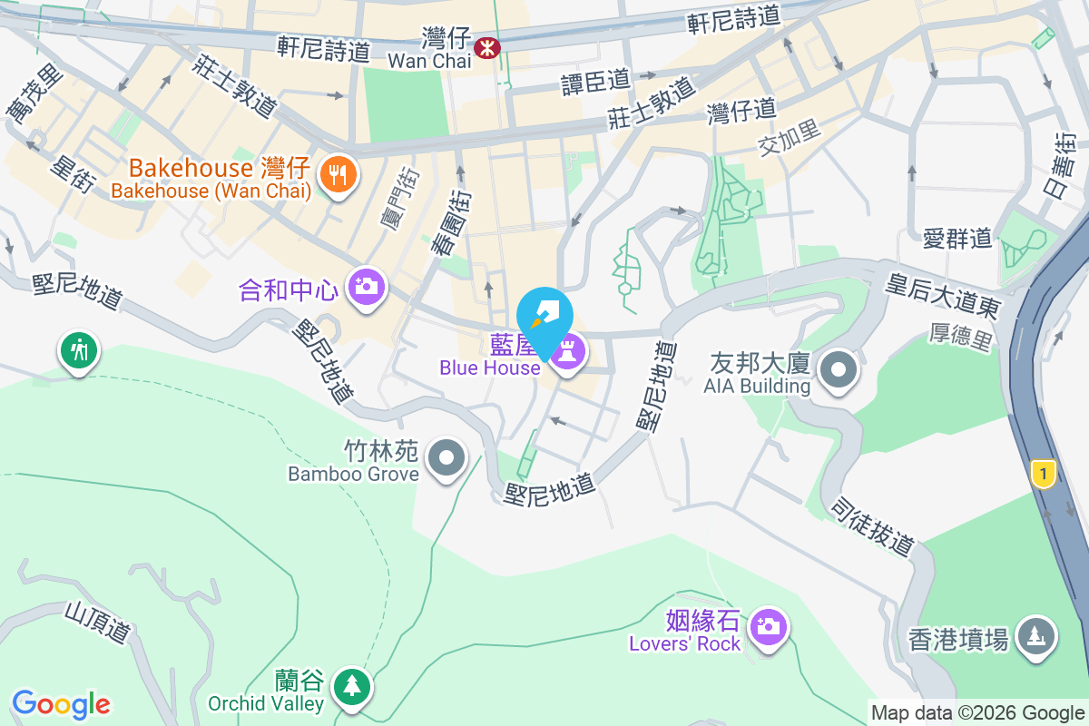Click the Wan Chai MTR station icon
click(488, 46)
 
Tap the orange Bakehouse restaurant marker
click(338, 173)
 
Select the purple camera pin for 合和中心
click(367, 288)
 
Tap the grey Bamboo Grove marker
click(446, 458)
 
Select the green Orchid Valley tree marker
click(351, 687)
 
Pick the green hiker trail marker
click(78, 349)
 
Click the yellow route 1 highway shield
click(1045, 473)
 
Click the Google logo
click(61, 703)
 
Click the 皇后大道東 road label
click(944, 294)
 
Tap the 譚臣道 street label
click(595, 82)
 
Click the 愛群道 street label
click(957, 239)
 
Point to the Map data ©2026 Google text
click(976, 713)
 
